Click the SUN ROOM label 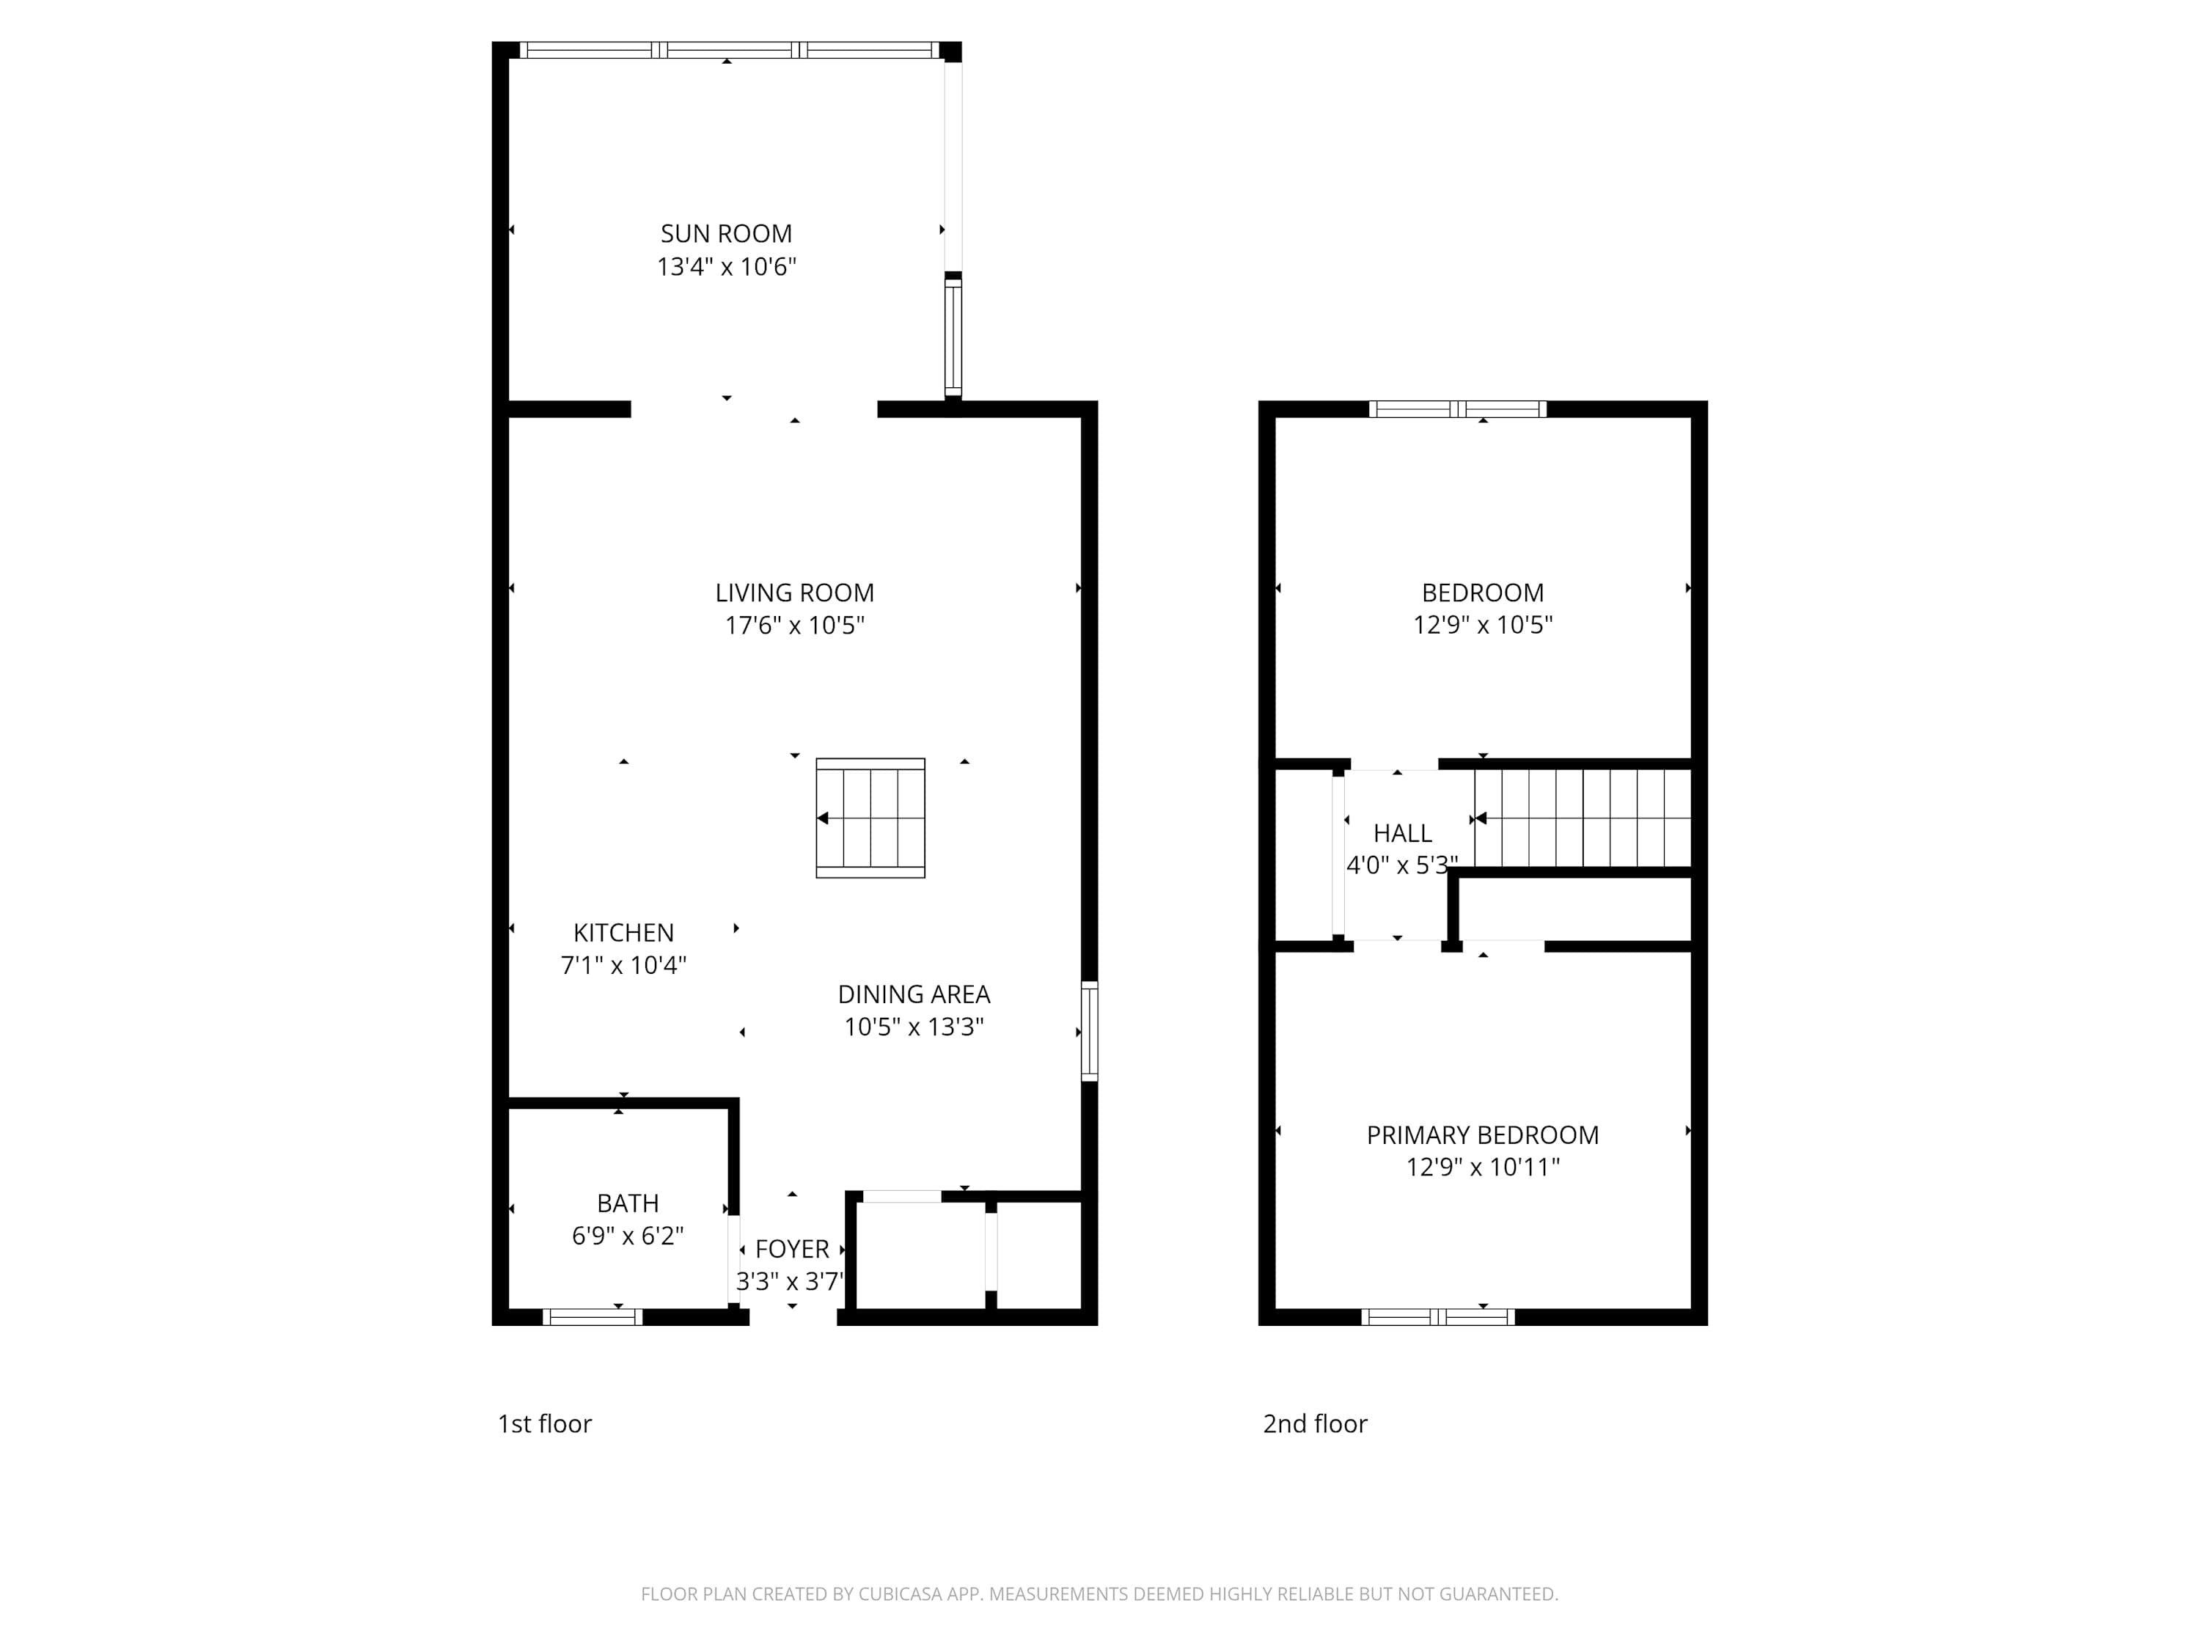726,234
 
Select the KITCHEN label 623,933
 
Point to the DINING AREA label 913,994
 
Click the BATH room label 628,1203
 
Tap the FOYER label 792,1249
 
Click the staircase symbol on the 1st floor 870,818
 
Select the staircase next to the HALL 1583,818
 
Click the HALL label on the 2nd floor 1402,834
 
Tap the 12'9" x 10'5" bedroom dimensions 1482,626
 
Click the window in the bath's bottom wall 592,1317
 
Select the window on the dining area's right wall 1089,1030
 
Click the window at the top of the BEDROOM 1457,408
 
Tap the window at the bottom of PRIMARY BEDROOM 1437,1317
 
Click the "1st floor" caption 544,1424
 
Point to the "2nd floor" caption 1315,1424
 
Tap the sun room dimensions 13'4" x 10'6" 726,266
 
